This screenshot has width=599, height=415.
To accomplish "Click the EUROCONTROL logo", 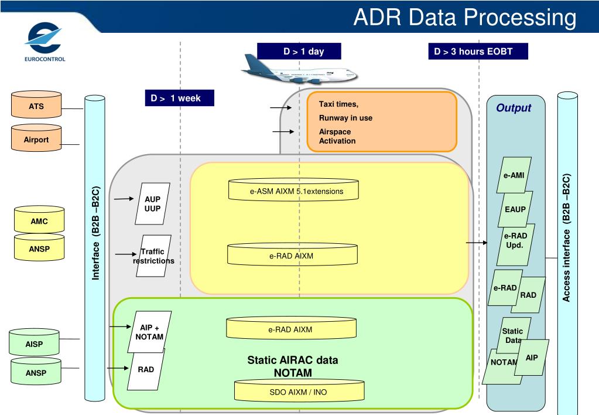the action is [x=45, y=42].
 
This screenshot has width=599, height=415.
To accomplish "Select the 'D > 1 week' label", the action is [x=180, y=98].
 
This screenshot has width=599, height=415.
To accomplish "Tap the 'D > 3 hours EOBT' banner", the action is [x=478, y=51].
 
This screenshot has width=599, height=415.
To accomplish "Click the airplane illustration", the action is [x=300, y=71].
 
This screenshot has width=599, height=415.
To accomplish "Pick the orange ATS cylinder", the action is [x=36, y=104].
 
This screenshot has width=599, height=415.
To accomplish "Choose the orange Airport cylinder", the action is [x=36, y=138].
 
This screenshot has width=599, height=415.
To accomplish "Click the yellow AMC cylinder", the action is [x=39, y=219].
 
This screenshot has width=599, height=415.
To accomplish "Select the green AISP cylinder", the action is [x=34, y=342].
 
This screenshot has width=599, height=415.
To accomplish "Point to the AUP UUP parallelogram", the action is [x=152, y=203].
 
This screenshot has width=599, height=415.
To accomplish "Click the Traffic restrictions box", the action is [x=153, y=256].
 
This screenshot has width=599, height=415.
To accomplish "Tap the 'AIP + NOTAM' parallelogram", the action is [x=149, y=332].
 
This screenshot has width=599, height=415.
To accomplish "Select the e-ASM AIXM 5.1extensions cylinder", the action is [x=293, y=189].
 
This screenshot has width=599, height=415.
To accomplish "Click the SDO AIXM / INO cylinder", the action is [x=299, y=390].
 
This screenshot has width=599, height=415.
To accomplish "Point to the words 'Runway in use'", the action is [x=345, y=118].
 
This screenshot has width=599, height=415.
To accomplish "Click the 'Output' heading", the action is [x=514, y=108].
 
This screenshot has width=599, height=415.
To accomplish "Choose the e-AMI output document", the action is [x=514, y=175].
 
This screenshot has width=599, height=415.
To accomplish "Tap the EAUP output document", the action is [x=515, y=209].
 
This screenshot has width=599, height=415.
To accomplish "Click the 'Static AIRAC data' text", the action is [x=293, y=360].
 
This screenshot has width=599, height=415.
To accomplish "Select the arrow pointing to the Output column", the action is [x=477, y=243].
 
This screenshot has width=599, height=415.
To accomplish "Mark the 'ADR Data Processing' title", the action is [x=465, y=17].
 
